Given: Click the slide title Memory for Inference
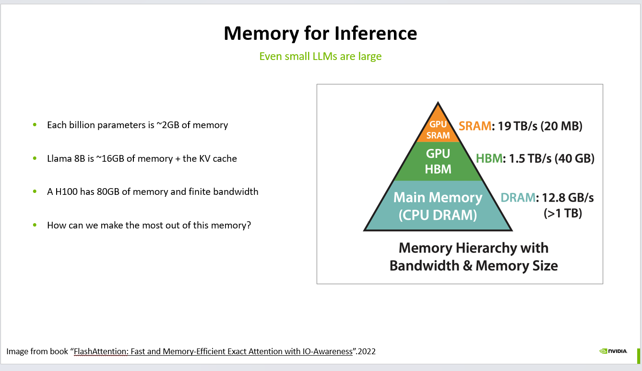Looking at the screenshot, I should (320, 33).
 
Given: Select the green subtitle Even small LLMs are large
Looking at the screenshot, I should (320, 56).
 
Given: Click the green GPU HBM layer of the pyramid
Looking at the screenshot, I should (438, 161).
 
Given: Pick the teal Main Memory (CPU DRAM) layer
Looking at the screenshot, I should (438, 205).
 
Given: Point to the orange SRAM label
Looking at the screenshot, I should (475, 126).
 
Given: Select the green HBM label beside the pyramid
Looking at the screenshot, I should (489, 158).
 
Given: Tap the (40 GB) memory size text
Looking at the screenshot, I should (574, 158).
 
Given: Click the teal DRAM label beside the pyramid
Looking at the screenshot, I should (517, 197).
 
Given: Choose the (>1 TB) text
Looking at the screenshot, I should (562, 213).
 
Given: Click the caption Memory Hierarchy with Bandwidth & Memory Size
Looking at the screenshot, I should (473, 257).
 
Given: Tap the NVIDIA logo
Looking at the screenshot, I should (613, 351).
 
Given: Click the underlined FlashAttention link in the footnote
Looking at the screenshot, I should (214, 351).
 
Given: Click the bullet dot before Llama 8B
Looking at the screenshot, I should (35, 158).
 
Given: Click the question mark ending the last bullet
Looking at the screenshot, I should (249, 225).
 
